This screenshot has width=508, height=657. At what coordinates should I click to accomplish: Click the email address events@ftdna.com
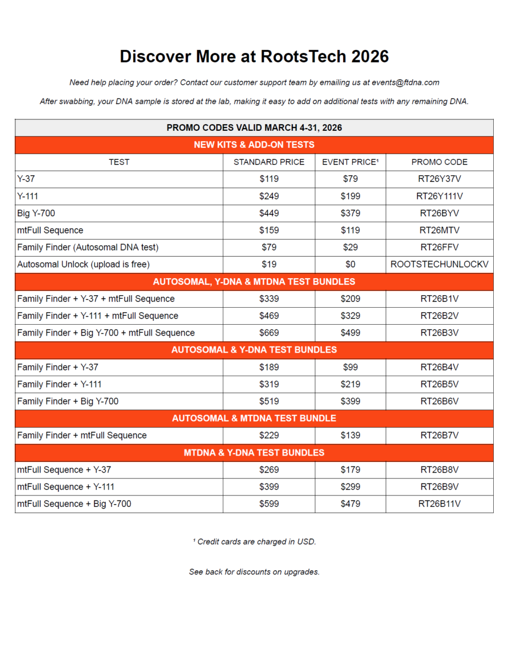click(x=406, y=83)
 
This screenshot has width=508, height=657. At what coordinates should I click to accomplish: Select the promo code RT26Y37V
click(x=440, y=179)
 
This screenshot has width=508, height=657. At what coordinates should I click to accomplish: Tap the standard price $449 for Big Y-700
click(x=269, y=214)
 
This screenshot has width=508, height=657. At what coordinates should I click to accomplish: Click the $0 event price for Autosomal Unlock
click(x=350, y=264)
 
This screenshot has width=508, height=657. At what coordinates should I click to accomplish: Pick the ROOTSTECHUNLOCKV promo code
click(x=440, y=264)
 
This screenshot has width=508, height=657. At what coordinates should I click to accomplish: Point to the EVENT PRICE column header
click(x=350, y=162)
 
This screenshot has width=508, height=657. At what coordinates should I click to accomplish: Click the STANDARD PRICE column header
click(x=269, y=162)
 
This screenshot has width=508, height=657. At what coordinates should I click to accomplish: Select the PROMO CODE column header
click(x=440, y=162)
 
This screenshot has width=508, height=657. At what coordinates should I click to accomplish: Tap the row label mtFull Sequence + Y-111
click(x=66, y=487)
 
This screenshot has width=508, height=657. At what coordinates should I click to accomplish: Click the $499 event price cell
click(x=350, y=333)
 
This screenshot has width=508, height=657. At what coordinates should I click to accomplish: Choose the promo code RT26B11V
click(x=440, y=504)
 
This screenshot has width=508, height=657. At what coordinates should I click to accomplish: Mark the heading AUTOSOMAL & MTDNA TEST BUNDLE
click(x=254, y=418)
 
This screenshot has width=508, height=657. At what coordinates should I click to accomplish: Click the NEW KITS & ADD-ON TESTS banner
click(x=254, y=145)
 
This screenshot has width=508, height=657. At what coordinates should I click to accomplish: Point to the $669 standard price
click(x=269, y=333)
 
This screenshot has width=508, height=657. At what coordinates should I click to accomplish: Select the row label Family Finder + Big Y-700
click(x=68, y=401)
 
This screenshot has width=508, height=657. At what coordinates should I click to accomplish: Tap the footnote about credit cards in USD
click(x=254, y=542)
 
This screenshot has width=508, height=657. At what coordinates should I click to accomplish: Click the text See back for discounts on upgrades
click(x=254, y=572)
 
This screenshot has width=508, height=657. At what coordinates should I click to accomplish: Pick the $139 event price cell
click(x=350, y=435)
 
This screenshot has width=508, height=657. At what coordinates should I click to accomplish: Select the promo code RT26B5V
click(x=440, y=384)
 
